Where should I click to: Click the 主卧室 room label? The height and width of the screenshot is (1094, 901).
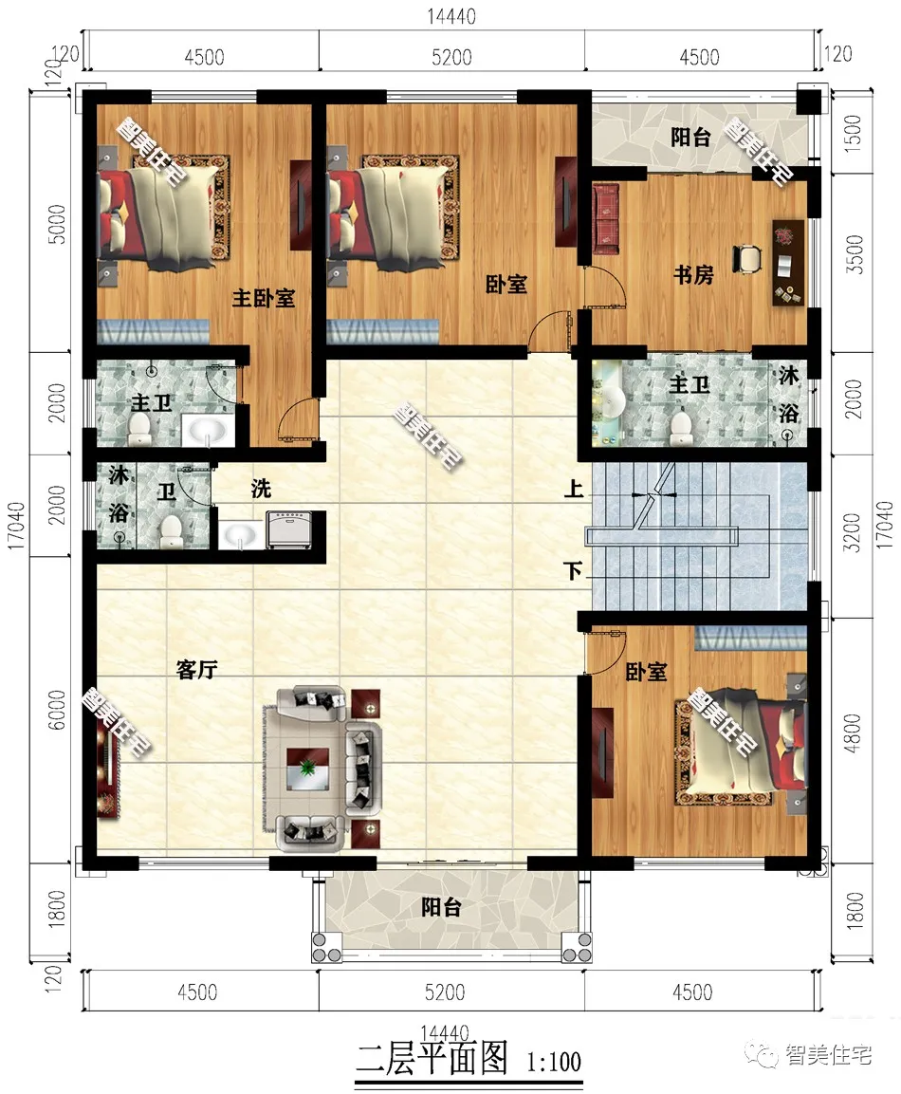tap(263, 299)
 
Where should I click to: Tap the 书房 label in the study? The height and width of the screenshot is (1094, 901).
tap(693, 275)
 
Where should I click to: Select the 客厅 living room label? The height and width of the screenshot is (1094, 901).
tap(196, 670)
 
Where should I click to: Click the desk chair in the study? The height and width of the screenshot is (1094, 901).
tap(747, 257)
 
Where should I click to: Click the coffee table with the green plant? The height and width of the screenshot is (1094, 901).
tap(307, 769)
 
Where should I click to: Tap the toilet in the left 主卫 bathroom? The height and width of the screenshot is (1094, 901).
tap(140, 428)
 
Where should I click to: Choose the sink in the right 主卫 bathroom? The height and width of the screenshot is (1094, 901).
tap(613, 400)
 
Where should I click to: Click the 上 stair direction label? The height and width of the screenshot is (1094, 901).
tap(573, 488)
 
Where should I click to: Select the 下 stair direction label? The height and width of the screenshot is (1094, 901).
tap(573, 571)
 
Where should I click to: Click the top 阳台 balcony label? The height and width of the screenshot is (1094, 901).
tap(690, 137)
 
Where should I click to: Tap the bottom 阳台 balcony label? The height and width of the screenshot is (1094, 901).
tap(441, 907)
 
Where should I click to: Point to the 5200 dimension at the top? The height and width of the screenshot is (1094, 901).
tap(451, 57)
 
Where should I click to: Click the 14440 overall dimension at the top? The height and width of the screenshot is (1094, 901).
tap(451, 16)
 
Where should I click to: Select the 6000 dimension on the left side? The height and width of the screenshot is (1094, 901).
tap(57, 710)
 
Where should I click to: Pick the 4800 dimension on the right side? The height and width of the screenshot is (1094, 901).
tap(853, 732)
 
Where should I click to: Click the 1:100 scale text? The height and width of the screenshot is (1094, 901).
tap(554, 1062)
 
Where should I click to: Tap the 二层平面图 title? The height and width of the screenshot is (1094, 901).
tap(432, 1058)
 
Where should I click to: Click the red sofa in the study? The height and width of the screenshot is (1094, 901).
tap(606, 217)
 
